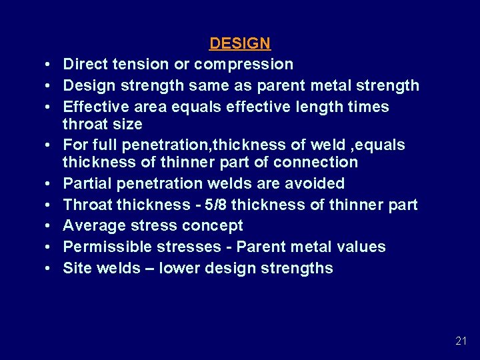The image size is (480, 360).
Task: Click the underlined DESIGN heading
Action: pyautogui.click(x=239, y=43)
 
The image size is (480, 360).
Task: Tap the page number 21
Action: pyautogui.click(x=461, y=341)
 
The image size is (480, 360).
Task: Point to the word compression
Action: pyautogui.click(x=245, y=64)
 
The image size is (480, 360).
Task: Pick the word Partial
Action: pyautogui.click(x=85, y=183)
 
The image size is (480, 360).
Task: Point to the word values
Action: pyautogui.click(x=359, y=247)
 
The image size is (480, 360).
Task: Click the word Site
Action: pyautogui.click(x=75, y=268)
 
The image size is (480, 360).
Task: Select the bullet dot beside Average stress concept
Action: pyautogui.click(x=50, y=226)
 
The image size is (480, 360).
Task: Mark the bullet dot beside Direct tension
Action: pyautogui.click(x=50, y=65)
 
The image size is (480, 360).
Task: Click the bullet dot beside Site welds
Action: pyautogui.click(x=50, y=269)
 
